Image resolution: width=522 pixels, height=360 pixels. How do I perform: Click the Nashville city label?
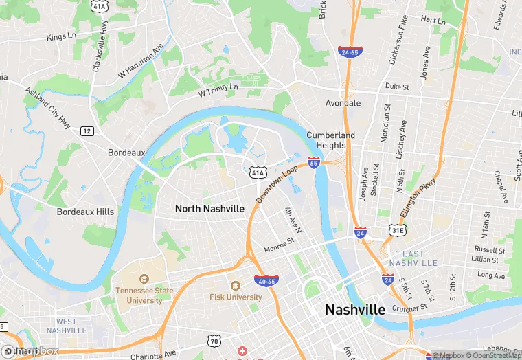coord(354,310)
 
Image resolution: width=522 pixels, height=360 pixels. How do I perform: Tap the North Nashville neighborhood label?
coord(209,208)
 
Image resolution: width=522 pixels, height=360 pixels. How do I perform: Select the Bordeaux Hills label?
coord(85,212)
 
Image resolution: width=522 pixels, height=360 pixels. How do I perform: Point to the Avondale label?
coord(343,103)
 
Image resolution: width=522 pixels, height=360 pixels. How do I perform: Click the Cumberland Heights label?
coord(331,140)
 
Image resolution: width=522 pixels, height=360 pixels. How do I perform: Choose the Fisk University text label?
coord(236,297)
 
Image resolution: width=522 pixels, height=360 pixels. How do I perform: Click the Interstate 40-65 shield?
coord(266,280)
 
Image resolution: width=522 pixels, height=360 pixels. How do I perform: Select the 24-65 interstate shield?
coord(350,52)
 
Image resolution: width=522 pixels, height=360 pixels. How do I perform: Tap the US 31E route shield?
coord(397,230)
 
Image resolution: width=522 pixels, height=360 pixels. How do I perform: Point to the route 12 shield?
coord(87,131)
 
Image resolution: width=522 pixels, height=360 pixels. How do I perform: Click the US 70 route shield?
coord(215,341)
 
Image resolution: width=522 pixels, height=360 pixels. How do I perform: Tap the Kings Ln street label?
coord(61,37)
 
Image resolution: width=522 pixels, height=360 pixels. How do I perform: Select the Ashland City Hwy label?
coord(48,106)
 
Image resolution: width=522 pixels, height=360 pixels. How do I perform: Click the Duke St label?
coord(397,87)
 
